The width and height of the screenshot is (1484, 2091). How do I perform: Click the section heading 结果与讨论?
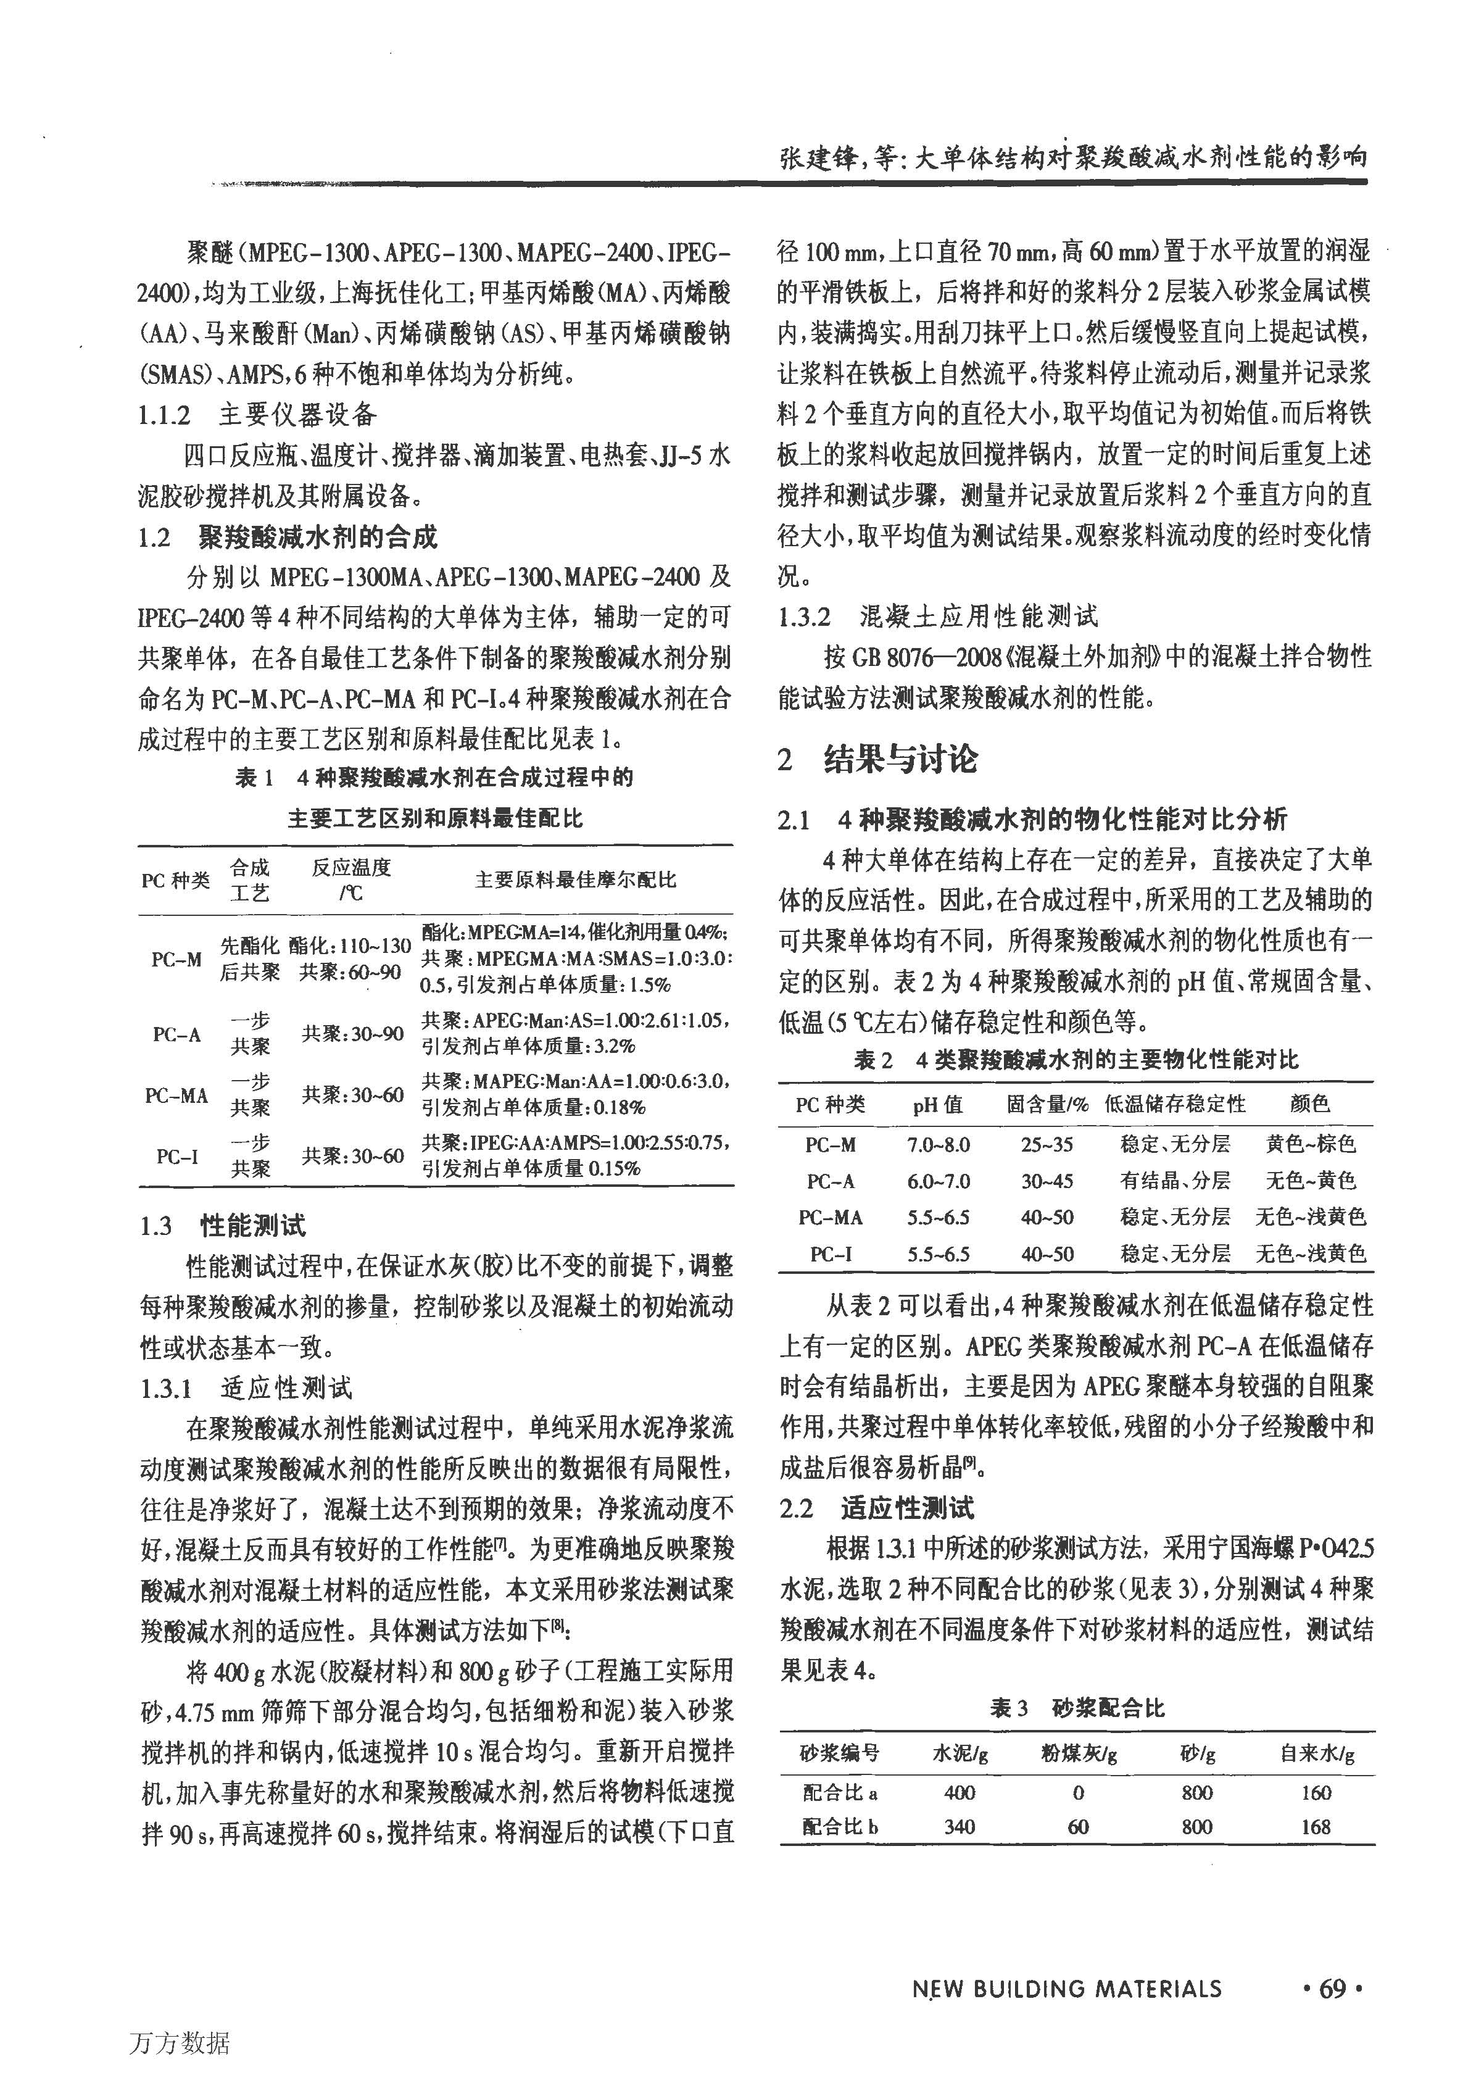900,759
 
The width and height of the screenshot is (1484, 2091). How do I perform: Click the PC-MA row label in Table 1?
176,1095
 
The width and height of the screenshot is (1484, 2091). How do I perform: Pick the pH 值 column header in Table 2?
937,1104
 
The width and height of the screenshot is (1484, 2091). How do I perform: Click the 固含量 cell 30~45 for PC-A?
1047,1181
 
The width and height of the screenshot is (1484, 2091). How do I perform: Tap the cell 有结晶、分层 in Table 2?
1175,1181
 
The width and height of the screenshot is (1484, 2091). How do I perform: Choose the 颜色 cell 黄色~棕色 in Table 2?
1311,1144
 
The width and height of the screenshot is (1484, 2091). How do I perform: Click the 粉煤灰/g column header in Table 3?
1079,1754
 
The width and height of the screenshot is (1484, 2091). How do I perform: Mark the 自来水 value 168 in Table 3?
1316,1827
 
